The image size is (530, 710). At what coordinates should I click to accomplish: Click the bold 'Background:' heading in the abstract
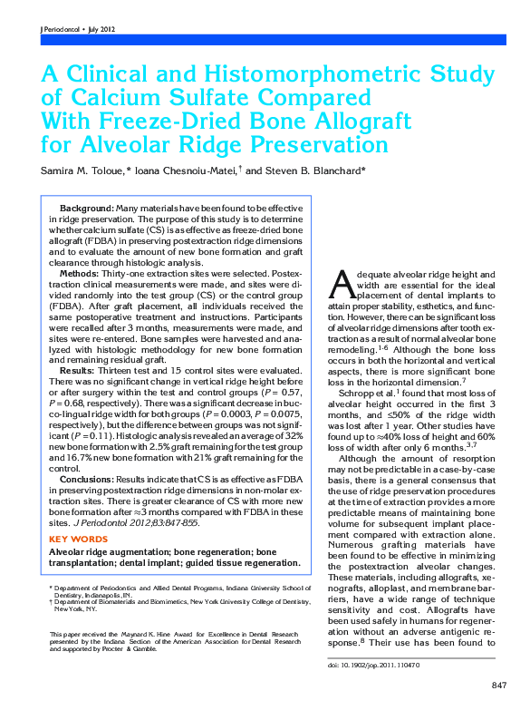86,209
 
